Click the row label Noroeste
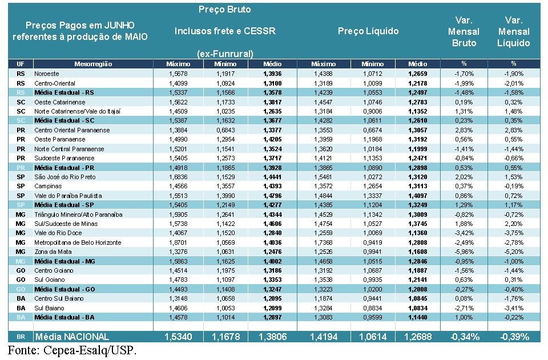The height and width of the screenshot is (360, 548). click(x=46, y=74)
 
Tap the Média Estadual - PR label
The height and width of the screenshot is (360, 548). click(x=64, y=168)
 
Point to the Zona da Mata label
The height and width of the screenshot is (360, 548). click(x=51, y=252)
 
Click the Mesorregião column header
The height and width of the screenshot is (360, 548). click(x=92, y=64)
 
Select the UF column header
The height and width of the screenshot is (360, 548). click(x=21, y=64)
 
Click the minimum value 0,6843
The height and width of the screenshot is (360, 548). click(x=225, y=130)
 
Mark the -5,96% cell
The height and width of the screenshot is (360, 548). click(x=464, y=252)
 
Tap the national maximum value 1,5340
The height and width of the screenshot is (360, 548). click(x=178, y=337)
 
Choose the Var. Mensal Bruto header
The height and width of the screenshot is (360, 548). click(x=464, y=31)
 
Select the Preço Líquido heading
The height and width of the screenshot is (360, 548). click(x=368, y=31)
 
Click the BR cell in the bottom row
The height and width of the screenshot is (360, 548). click(x=21, y=337)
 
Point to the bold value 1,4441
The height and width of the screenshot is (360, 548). click(x=272, y=177)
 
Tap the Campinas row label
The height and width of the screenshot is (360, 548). click(x=47, y=186)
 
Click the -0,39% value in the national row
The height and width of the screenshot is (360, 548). click(x=513, y=337)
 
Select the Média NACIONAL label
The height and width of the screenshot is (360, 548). click(x=72, y=337)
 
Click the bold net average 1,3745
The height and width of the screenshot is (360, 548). click(x=418, y=224)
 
